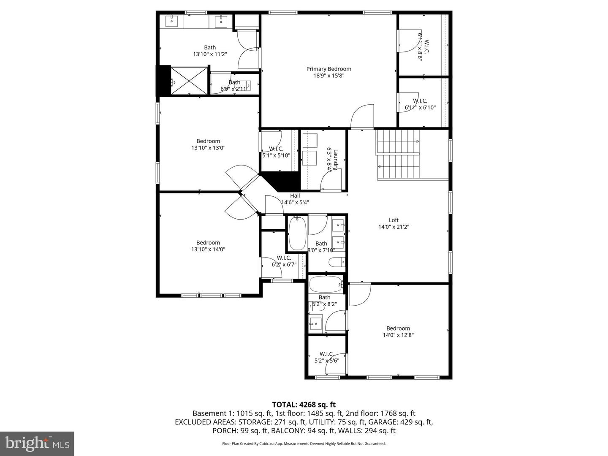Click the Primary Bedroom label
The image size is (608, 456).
point(328,69)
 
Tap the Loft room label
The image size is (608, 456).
point(394,220)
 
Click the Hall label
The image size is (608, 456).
point(295,195)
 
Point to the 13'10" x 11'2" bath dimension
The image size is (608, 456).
point(210,54)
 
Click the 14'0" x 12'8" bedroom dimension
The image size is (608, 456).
point(398,335)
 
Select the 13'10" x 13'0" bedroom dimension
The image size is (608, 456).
point(208,148)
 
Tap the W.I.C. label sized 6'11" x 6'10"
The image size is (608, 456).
point(420,101)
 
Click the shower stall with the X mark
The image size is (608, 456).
point(189,81)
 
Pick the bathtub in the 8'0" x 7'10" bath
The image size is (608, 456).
point(297,233)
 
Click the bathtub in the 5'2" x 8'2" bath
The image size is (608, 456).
point(326,284)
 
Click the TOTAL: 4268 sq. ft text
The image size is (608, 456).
point(304,404)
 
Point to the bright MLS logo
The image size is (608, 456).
point(37,443)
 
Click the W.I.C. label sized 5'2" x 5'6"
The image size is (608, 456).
point(327,354)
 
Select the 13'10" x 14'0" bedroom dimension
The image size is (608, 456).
point(208,249)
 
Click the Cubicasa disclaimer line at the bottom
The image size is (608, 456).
point(304,444)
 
